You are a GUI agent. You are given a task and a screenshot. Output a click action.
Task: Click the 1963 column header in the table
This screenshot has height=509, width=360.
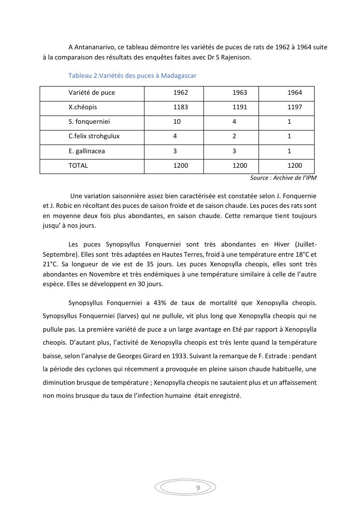(240, 93)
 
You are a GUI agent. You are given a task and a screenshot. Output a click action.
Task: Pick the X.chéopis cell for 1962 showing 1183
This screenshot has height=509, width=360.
(181, 107)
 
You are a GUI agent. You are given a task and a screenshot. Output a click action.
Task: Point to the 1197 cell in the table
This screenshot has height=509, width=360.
(295, 107)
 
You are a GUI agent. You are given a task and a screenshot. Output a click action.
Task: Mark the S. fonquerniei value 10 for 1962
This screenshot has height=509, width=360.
(177, 122)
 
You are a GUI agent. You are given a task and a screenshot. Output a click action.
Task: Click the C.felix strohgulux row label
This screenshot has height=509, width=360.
(94, 136)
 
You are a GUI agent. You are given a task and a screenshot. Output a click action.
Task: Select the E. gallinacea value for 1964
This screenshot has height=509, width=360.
(289, 151)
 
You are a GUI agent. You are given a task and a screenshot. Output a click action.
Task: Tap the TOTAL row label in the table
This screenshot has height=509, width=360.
(78, 166)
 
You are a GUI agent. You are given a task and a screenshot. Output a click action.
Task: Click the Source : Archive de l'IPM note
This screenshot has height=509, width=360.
(283, 178)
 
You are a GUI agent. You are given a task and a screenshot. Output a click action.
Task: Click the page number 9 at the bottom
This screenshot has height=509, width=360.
(198, 488)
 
